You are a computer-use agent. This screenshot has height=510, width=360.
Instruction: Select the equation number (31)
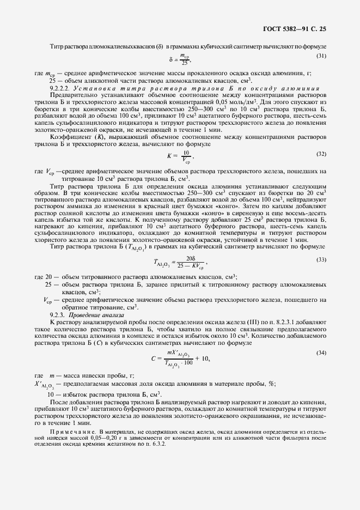point(321,56)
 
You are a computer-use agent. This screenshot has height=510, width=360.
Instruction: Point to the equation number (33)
point(321,258)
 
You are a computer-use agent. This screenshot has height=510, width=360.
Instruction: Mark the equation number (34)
point(321,353)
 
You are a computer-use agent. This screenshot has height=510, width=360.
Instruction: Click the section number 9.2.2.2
point(58,88)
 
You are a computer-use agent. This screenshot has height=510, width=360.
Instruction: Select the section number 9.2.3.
point(57,315)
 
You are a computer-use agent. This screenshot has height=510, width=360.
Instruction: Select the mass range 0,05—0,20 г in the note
point(86,436)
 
